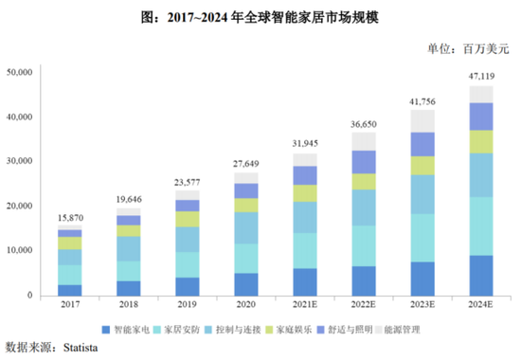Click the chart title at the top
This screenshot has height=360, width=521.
(260, 16)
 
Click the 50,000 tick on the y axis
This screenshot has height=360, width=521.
(21, 72)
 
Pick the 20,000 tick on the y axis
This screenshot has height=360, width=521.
(21, 206)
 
